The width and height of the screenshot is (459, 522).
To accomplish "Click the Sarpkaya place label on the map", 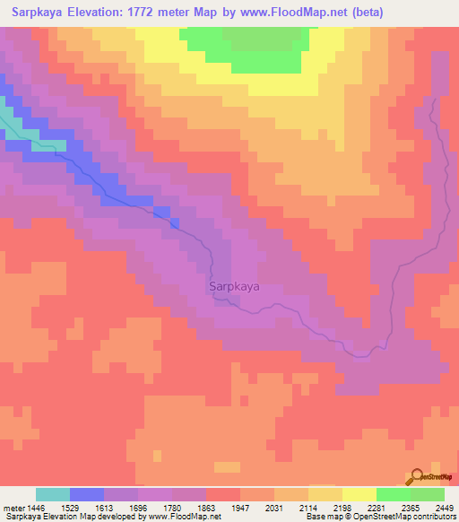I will click(x=234, y=288).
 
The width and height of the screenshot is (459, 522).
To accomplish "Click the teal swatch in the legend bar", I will click(x=52, y=494).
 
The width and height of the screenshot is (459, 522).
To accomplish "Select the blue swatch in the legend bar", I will click(x=87, y=494).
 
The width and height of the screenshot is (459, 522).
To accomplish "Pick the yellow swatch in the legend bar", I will click(x=359, y=494).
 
